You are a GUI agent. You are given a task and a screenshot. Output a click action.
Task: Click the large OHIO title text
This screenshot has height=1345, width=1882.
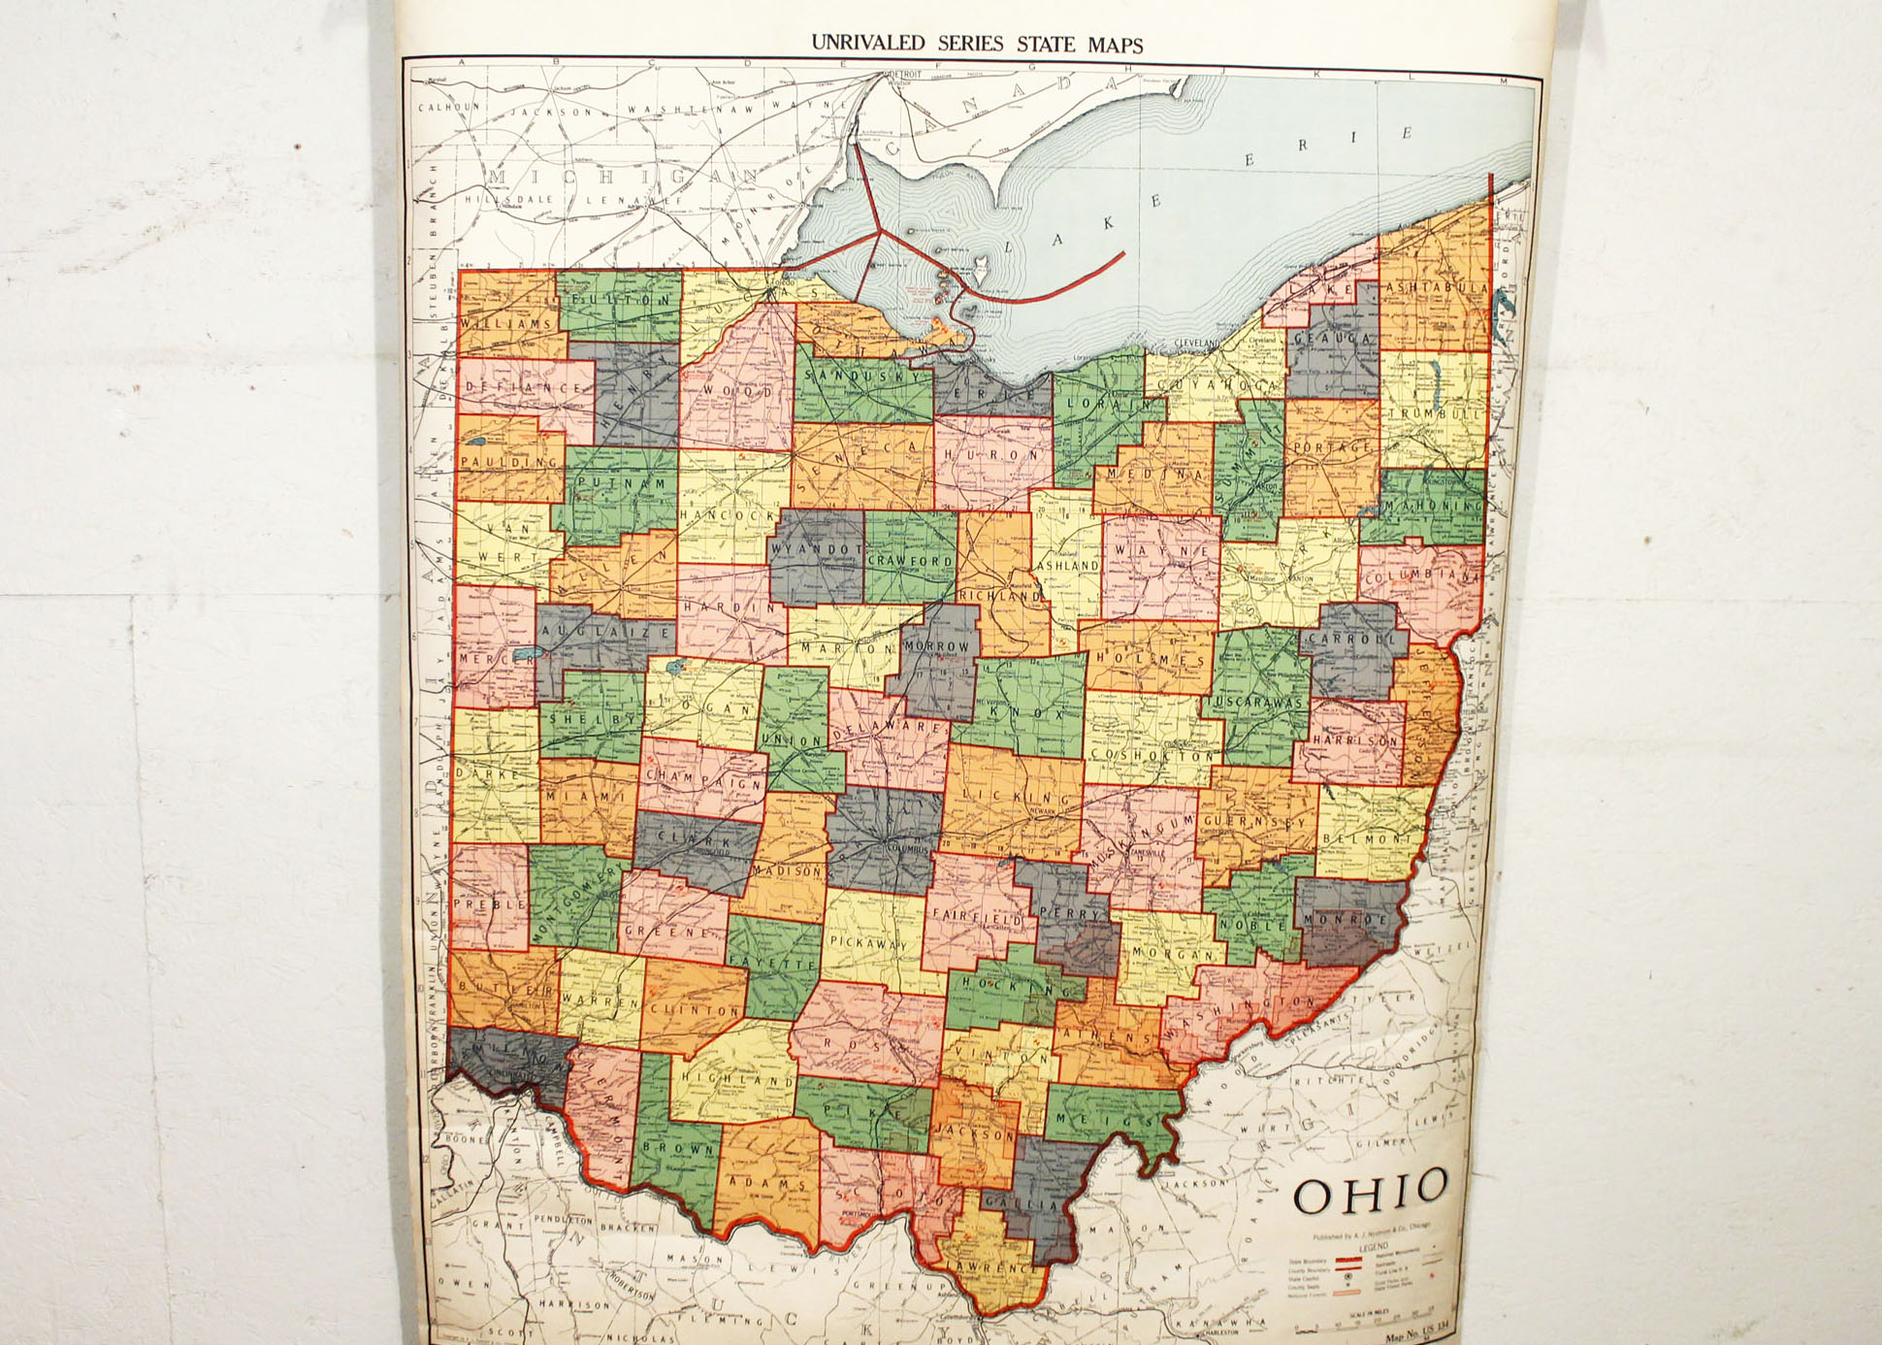[1370, 1192]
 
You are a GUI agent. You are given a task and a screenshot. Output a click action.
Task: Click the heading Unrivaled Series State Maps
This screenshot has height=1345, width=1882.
[977, 44]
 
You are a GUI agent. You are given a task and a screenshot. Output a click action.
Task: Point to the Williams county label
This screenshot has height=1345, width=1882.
[506, 323]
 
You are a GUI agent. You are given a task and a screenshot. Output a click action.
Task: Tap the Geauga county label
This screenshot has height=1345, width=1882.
[1333, 338]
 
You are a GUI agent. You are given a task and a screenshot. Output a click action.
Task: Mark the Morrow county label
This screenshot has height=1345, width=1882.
[936, 645]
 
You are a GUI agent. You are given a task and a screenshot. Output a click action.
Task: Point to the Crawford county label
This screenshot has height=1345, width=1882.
[910, 560]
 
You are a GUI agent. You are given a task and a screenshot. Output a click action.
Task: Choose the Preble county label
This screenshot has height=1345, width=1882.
[490, 903]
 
